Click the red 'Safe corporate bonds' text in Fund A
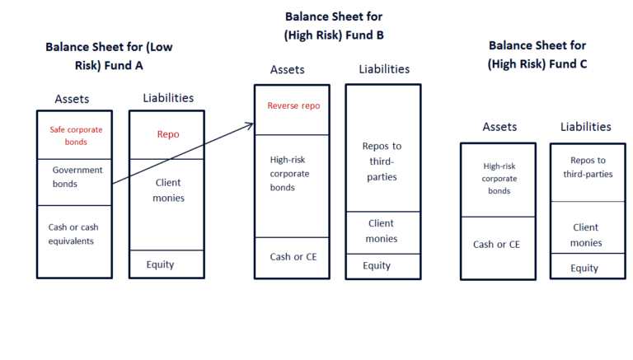pos(74,135)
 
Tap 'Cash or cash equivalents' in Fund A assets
pos(74,234)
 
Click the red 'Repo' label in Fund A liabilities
pos(167,134)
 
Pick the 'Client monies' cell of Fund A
pos(167,190)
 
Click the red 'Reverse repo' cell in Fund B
pos(293,106)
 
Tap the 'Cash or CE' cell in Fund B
pos(292,256)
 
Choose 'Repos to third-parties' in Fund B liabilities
pos(382,161)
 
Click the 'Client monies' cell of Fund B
pos(381,231)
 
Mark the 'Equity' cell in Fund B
pos(377,265)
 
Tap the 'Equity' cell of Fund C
pos(584,268)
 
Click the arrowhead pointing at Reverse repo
pos(250,125)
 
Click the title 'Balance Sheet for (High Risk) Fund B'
pos(334,26)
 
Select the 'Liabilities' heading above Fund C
pos(585,127)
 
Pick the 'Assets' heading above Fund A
pos(72,99)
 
